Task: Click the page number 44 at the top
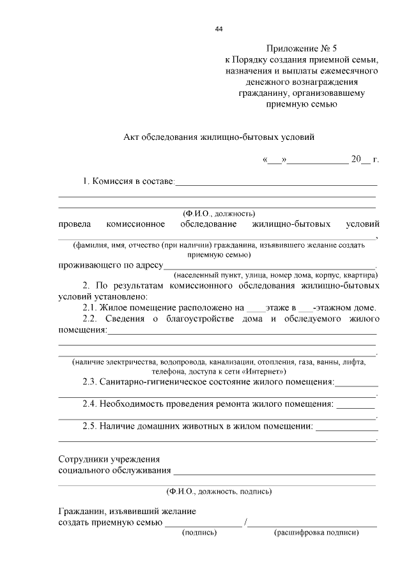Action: click(x=219, y=29)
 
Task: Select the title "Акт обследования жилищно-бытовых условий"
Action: click(x=219, y=137)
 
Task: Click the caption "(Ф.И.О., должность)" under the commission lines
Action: click(x=219, y=213)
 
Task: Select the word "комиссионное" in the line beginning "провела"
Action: click(x=135, y=224)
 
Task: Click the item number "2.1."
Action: click(x=92, y=307)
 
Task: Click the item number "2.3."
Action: click(x=92, y=382)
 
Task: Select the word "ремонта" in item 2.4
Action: click(x=258, y=404)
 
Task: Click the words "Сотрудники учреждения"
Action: click(x=109, y=459)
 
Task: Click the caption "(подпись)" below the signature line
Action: click(x=199, y=532)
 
